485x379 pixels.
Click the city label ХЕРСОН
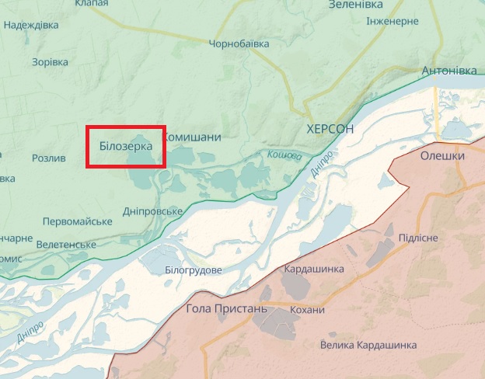pyautogui.click(x=330, y=129)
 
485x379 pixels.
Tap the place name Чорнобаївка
pyautogui.click(x=239, y=44)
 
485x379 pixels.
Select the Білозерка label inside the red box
pyautogui.click(x=126, y=145)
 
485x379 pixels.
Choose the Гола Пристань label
pyautogui.click(x=226, y=309)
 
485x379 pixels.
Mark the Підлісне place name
pyautogui.click(x=418, y=238)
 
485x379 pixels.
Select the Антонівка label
pyautogui.click(x=448, y=71)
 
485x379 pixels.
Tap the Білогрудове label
pyautogui.click(x=194, y=269)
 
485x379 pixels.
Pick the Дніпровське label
pyautogui.click(x=153, y=212)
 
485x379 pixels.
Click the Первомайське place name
pyautogui.click(x=77, y=221)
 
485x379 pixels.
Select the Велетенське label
pyautogui.click(x=66, y=245)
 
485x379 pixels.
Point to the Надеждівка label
pyautogui.click(x=31, y=25)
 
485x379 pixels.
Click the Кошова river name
pyautogui.click(x=284, y=155)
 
